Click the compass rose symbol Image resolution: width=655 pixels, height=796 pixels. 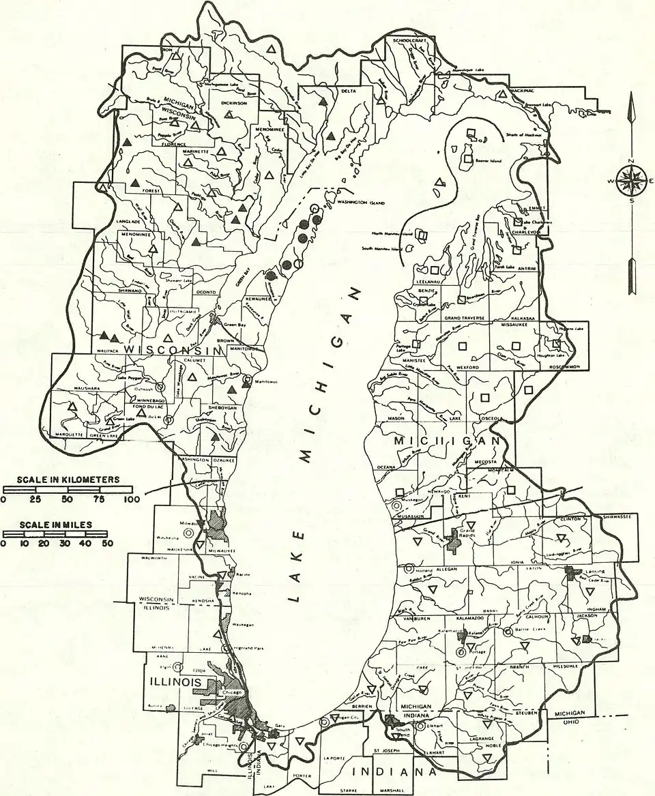coord(632,180)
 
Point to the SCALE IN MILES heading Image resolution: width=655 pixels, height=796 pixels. coord(56,526)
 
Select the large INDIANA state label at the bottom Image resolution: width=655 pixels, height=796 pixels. coord(394,772)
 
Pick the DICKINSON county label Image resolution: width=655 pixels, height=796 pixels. coord(237,103)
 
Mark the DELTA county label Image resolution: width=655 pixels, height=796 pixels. coord(349,91)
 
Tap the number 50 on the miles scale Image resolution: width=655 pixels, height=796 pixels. coord(107,544)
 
